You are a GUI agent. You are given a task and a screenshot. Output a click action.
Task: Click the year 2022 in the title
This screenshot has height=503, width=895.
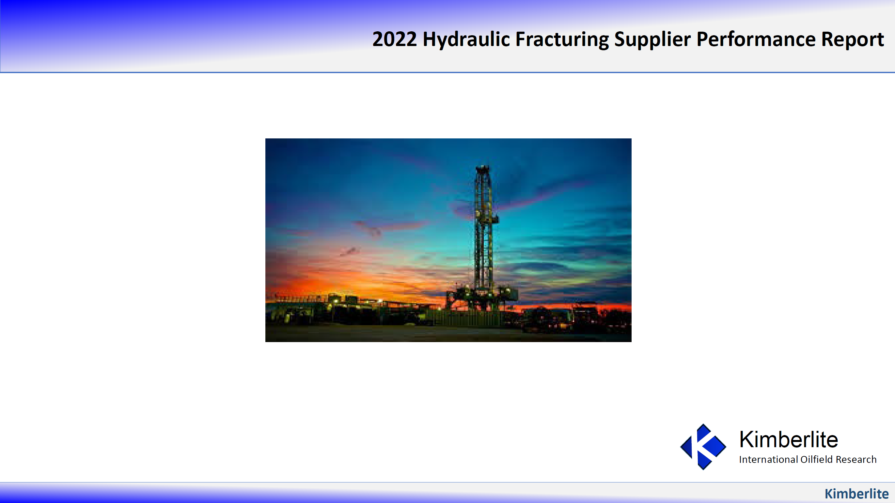[394, 39]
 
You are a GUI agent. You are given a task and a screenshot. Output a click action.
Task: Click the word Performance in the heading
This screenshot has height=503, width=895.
[756, 39]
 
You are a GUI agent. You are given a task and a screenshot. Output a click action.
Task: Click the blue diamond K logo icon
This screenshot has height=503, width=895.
[703, 447]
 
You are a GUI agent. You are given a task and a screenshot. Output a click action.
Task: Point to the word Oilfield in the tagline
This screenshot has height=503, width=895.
[816, 460]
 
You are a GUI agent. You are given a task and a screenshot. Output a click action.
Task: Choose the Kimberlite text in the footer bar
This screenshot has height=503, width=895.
[856, 494]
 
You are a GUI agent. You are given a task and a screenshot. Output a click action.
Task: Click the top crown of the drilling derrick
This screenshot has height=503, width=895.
[483, 170]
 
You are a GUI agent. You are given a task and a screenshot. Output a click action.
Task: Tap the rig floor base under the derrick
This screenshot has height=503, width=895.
[483, 295]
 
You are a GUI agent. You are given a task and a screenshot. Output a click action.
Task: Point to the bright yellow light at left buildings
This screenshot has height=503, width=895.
[336, 301]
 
